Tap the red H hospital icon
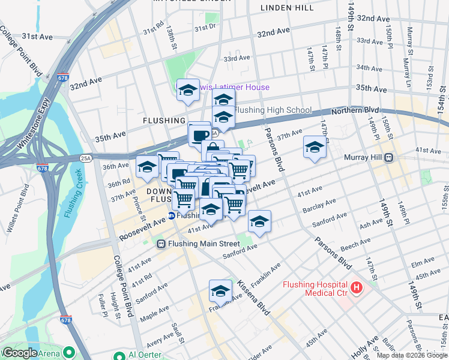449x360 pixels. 357,289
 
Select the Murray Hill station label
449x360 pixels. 364,157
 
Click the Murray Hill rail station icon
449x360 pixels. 389,157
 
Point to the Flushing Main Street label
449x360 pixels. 203,244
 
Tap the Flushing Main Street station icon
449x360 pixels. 161,244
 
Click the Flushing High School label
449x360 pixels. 273,110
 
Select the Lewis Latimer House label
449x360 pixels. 235,88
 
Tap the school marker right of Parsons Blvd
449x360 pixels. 315,147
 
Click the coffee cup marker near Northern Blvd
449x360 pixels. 199,134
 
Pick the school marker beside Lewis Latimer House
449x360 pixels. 188,91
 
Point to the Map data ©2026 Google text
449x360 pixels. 411,355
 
